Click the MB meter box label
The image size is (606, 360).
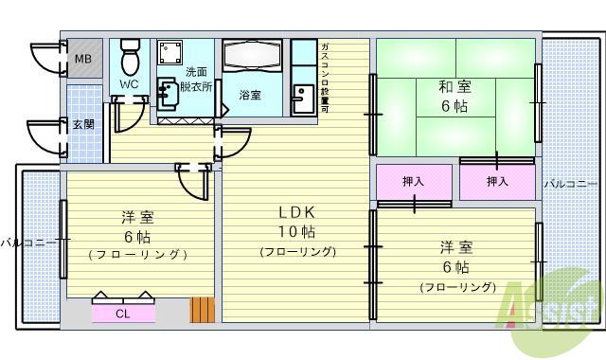pos(82,59)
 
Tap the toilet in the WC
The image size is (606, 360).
pos(130,59)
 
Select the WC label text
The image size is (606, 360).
pos(130,84)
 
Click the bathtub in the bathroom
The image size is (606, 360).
pos(254,59)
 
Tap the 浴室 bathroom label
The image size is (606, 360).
pos(250,95)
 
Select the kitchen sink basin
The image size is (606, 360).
pos(303,99)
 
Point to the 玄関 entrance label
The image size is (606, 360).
pos(83,124)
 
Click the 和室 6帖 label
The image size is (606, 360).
pos(453,97)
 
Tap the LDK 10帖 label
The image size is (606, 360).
pos(296,222)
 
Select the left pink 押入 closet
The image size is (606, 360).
pos(414,182)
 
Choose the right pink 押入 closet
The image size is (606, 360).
pos(497,182)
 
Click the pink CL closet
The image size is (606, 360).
pos(123,313)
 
